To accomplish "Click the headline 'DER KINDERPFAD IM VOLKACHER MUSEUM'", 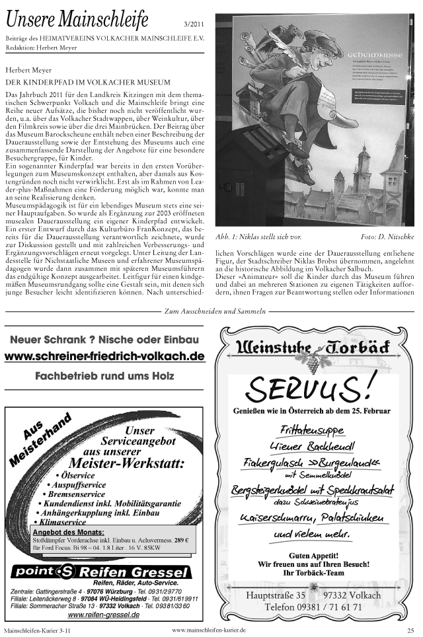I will click(x=88, y=81).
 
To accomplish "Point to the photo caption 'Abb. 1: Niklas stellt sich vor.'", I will click(x=258, y=236).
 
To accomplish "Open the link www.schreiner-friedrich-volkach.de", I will click(x=104, y=356).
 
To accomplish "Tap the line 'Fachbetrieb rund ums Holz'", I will click(x=104, y=377).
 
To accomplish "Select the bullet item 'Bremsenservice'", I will click(x=76, y=494).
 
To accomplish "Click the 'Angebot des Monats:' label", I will click(x=68, y=532).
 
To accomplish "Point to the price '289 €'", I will click(x=181, y=541).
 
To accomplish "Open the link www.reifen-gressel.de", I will click(x=104, y=615).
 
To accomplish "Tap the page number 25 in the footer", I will click(x=410, y=631).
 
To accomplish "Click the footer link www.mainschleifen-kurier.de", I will click(x=209, y=630).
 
